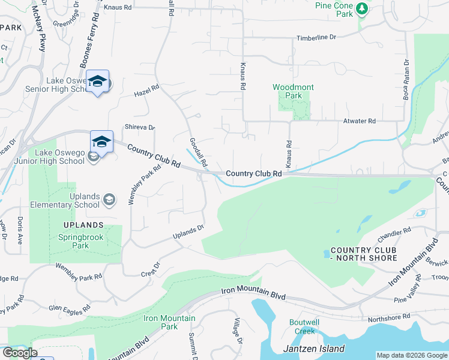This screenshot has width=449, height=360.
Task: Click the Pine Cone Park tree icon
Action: click(x=361, y=8)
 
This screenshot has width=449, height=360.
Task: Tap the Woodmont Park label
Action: click(x=293, y=91)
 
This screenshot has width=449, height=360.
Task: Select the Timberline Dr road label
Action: click(x=316, y=38)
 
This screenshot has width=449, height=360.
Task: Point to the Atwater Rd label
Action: click(x=359, y=121)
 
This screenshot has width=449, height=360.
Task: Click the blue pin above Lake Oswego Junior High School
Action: click(x=101, y=142)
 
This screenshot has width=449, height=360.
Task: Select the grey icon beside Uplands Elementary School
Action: click(x=109, y=199)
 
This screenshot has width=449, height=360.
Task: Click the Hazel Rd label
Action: click(x=146, y=91)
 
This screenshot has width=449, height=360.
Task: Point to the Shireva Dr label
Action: click(x=139, y=127)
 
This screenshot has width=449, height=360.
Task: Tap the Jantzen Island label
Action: click(x=313, y=349)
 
